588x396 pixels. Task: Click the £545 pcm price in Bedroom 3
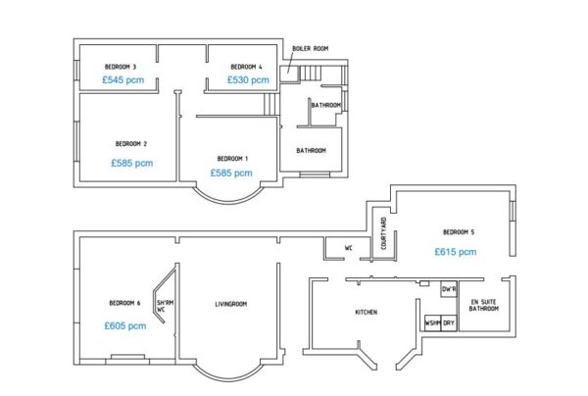point(123,79)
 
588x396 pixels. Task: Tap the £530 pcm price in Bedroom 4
point(248,79)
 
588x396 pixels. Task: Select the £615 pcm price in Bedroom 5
point(456,252)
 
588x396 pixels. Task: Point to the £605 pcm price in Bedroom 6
point(125,325)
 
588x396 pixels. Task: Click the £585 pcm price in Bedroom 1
point(231,173)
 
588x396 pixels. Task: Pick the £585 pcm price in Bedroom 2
point(132,163)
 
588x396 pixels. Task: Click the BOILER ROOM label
point(310,48)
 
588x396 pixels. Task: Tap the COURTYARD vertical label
point(383,233)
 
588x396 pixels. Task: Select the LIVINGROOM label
point(231,304)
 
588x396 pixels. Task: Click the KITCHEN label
point(366,312)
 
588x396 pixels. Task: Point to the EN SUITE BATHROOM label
point(484,305)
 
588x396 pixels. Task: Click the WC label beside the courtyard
point(348,248)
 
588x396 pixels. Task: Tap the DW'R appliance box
point(449,289)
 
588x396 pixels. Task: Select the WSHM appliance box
point(432,322)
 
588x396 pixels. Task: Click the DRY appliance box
point(449,322)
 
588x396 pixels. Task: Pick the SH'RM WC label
point(165,306)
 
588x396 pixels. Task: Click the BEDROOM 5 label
point(459,232)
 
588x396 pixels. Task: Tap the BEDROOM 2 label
point(131,144)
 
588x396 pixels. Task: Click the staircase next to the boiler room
point(310,74)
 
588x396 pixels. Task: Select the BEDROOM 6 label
point(124,303)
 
